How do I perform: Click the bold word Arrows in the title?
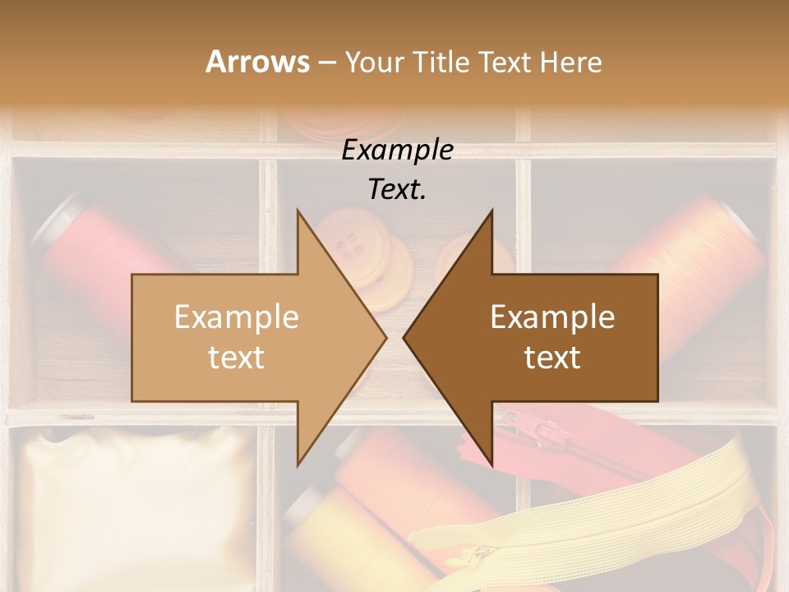click(257, 62)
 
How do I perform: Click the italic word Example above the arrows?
click(398, 150)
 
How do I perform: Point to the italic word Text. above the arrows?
click(398, 189)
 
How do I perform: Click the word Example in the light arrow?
click(237, 317)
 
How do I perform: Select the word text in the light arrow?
click(237, 358)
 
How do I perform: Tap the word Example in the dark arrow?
click(552, 317)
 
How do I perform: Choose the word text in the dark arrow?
click(552, 358)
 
